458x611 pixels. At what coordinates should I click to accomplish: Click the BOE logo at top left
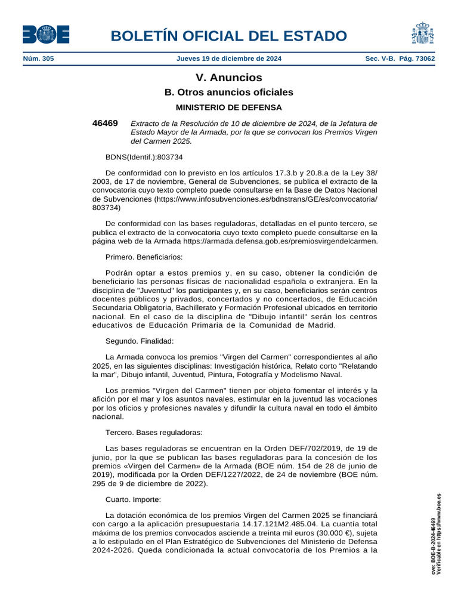46,35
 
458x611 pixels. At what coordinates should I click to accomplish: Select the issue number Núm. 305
38,58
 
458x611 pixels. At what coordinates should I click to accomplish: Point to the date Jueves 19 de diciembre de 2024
229,58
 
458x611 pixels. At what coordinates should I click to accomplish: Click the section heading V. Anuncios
229,78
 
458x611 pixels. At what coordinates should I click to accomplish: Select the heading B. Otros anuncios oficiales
229,92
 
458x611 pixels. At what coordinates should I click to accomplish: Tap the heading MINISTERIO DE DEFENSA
229,107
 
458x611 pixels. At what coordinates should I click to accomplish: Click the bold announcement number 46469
105,123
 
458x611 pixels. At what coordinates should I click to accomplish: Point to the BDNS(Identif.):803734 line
144,157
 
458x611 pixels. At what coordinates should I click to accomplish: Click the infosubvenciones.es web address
265,199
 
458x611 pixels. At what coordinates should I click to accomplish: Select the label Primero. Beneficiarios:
144,257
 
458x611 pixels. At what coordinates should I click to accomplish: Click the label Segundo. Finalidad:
140,341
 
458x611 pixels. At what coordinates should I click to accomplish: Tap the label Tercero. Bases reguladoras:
154,433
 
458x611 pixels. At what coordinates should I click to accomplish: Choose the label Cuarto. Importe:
133,499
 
